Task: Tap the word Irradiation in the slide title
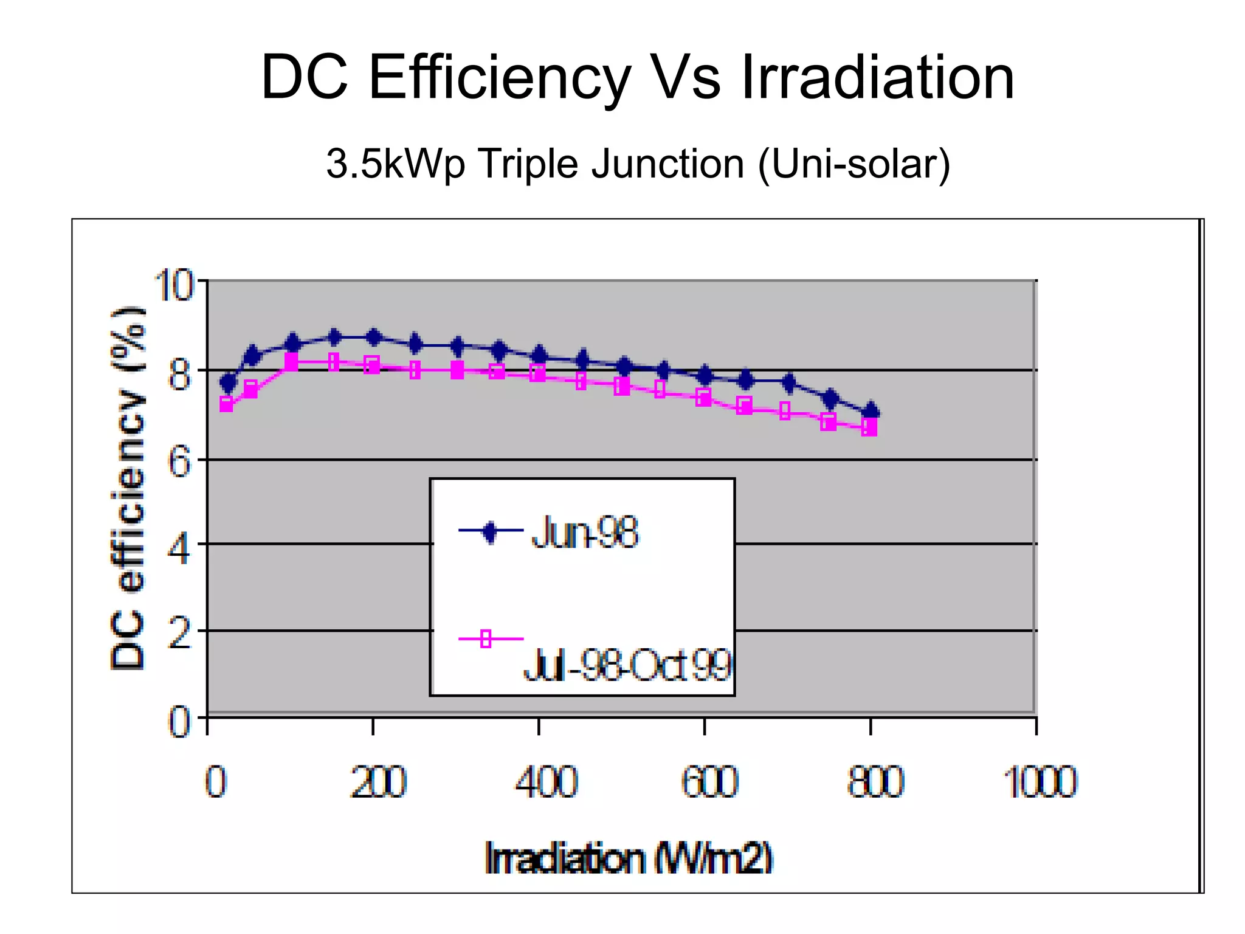[x=877, y=77]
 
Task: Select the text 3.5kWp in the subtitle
[x=395, y=164]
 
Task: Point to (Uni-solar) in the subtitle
[x=854, y=164]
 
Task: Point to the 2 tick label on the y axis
[x=179, y=634]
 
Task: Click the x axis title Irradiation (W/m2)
[x=628, y=859]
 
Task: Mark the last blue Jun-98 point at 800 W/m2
[x=871, y=412]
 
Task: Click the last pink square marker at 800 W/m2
[x=869, y=427]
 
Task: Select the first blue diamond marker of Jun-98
[x=228, y=383]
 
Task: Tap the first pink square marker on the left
[x=226, y=404]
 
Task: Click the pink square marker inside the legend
[x=486, y=639]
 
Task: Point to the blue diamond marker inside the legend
[x=490, y=531]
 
